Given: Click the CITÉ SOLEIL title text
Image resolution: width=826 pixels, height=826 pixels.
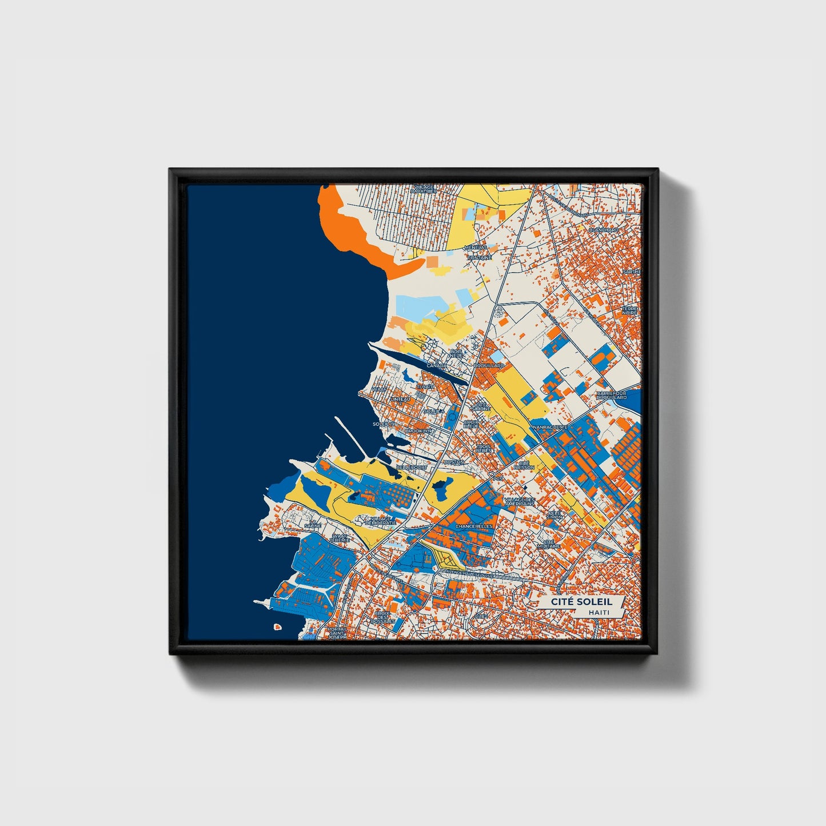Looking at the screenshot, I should (x=581, y=602).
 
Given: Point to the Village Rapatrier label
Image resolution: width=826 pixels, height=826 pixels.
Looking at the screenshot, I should (x=423, y=189).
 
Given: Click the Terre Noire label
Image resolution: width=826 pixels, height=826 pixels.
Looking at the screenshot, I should (x=630, y=310).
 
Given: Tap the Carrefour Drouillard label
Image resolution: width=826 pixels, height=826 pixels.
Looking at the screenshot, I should (x=611, y=395).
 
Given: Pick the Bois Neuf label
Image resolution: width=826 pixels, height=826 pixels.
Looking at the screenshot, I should (x=456, y=353).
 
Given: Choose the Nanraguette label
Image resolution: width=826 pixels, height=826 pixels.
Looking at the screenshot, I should (x=549, y=427).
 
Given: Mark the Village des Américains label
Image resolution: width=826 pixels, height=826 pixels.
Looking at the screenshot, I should (x=520, y=502).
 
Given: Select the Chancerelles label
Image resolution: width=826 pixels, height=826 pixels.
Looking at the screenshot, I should (x=474, y=526).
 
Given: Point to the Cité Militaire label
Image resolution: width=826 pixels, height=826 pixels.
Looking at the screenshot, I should (x=548, y=544).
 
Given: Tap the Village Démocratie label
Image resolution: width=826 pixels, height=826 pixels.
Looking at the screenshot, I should (x=380, y=521).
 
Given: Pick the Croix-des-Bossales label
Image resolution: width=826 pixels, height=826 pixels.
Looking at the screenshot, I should (x=383, y=617).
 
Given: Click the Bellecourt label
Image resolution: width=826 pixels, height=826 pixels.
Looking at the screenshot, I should (x=412, y=467).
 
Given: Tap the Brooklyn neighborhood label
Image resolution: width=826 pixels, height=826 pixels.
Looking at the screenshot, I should (x=420, y=430).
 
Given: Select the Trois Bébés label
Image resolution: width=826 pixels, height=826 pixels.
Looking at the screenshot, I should (x=484, y=448).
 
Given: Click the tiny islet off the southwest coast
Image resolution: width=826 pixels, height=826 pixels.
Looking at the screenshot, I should (x=277, y=627).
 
